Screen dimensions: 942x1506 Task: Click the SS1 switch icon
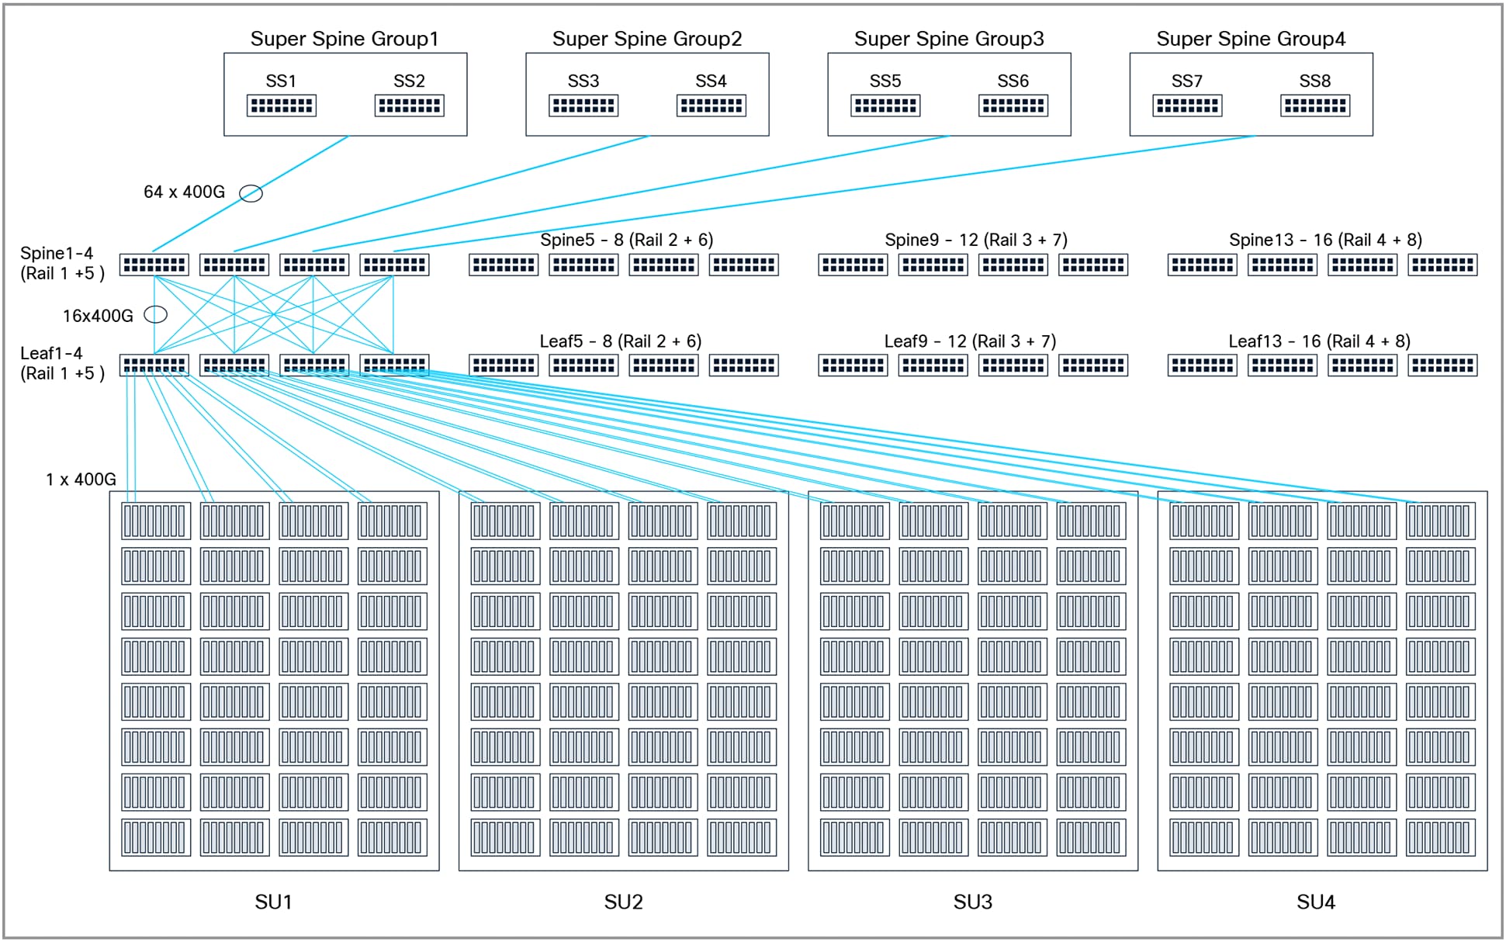[x=281, y=106]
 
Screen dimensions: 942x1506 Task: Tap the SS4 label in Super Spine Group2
[x=710, y=81]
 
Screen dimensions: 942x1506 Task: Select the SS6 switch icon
[x=1013, y=106]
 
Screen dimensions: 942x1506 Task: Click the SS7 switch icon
[x=1186, y=106]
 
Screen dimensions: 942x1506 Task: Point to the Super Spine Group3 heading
[x=948, y=39]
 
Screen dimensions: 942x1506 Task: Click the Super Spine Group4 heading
[x=1250, y=39]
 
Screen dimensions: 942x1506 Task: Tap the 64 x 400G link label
[x=184, y=192]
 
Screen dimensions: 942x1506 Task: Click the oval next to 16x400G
[x=156, y=314]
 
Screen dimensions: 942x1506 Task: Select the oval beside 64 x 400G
[x=251, y=193]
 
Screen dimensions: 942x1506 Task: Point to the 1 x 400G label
[x=81, y=480]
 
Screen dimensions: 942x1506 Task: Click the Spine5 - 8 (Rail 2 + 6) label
[x=626, y=240]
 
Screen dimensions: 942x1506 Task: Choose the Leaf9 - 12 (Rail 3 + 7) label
[x=969, y=341]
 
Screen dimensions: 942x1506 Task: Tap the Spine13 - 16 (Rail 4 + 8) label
[x=1324, y=240]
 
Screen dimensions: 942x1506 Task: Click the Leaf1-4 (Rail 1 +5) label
[x=61, y=363]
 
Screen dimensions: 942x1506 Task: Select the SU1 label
[x=273, y=902]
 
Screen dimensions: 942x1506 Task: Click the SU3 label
[x=972, y=902]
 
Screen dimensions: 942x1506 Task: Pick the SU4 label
[x=1315, y=902]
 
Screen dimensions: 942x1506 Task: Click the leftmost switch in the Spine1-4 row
[x=154, y=265]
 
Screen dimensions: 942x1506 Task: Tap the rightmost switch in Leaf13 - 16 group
[x=1442, y=365]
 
